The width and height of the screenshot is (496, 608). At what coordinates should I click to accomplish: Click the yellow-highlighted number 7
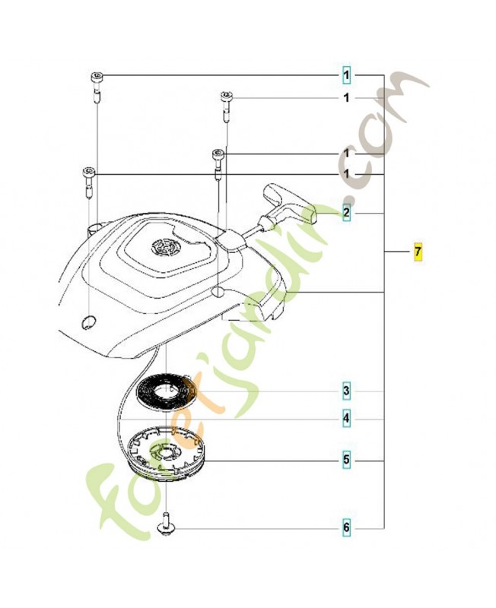[418, 252]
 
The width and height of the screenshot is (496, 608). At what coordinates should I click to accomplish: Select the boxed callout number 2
[346, 213]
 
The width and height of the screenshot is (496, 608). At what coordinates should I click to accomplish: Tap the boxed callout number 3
[346, 391]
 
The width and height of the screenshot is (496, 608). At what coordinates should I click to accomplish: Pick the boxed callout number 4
[346, 419]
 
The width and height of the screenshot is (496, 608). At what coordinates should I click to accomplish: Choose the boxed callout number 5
[346, 461]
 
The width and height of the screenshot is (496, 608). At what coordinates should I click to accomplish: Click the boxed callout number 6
[346, 527]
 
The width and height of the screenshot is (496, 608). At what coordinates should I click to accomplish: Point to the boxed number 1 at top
[346, 74]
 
